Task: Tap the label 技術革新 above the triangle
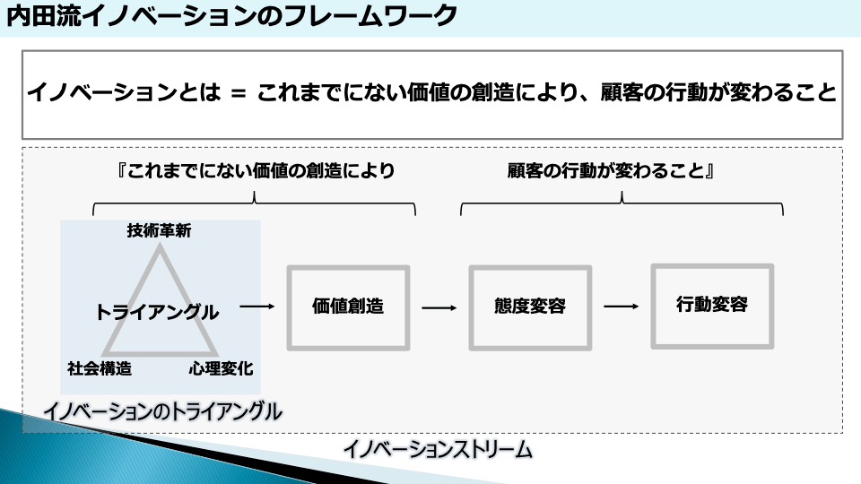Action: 159,230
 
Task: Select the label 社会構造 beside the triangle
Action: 100,367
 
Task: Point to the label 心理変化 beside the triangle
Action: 221,367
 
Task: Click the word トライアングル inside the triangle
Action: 157,312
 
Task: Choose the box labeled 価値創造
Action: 348,307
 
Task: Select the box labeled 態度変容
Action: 530,307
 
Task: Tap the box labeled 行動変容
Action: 712,305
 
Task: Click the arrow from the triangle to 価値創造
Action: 257,307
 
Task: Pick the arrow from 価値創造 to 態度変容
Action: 439,307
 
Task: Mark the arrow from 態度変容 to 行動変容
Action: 621,307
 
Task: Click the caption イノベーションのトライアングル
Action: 162,411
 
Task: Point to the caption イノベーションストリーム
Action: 438,449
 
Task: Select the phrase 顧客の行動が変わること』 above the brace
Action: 610,170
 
